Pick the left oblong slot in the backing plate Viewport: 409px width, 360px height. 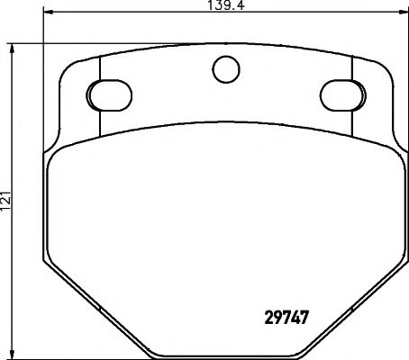[108, 94]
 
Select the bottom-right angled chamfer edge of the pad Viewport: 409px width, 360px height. [360, 306]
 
